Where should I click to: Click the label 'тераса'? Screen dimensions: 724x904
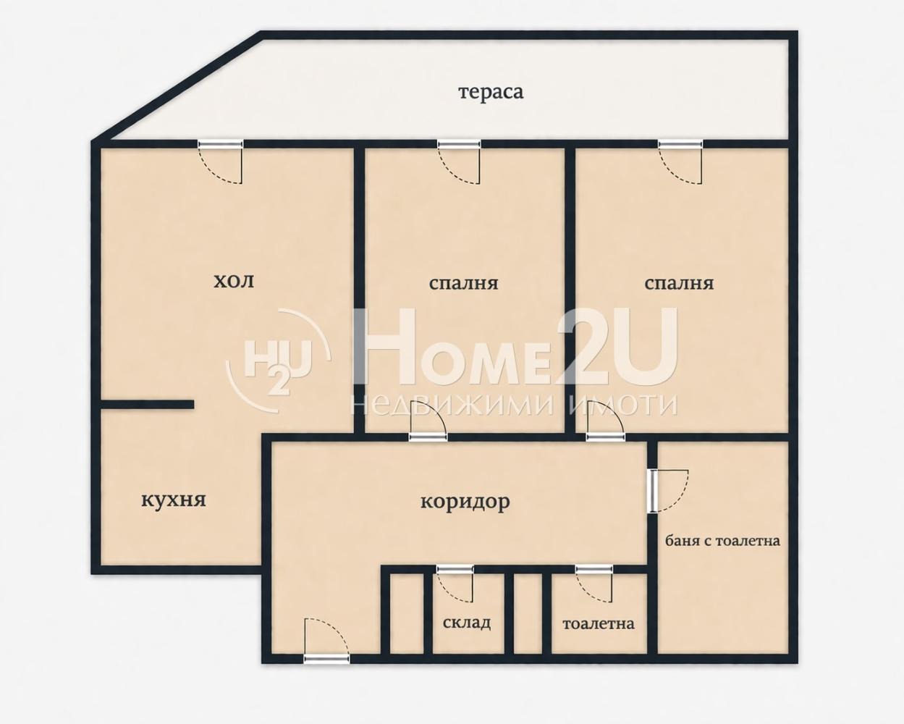(491, 93)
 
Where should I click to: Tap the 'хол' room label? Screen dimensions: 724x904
(234, 281)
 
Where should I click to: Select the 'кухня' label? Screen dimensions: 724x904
(173, 500)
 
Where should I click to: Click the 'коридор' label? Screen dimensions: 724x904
(465, 501)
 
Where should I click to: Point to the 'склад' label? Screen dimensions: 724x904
(467, 623)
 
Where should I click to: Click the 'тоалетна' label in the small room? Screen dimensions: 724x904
(598, 623)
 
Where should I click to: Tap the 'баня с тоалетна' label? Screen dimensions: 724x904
(722, 540)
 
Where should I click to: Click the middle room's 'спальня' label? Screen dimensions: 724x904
(463, 282)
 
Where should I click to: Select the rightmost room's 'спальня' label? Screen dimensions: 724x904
(679, 282)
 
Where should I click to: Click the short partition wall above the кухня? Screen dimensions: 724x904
(147, 405)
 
